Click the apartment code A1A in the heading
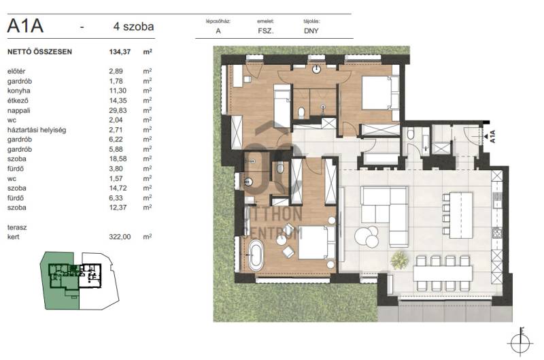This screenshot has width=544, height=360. pos(25,26)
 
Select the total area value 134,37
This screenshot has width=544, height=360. pos(120,52)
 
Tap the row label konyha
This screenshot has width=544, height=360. pos(19,91)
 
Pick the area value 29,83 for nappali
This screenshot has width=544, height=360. pos(118,110)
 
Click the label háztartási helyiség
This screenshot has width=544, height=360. pos(37,130)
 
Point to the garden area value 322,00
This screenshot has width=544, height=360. pos(120,237)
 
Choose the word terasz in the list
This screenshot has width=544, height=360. pos(17,227)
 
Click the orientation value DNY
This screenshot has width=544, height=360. pos(311,31)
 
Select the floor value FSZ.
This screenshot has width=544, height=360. pos(266,31)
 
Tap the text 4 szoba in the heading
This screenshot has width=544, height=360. pos(133,27)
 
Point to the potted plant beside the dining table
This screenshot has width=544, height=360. pos(399,260)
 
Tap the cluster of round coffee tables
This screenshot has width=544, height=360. pos(367,236)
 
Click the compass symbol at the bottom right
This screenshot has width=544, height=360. pos(520,342)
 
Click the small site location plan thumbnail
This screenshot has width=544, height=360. pos(80,281)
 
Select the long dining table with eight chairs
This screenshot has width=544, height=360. pos(443,273)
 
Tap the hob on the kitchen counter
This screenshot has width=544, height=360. pos(497,232)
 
